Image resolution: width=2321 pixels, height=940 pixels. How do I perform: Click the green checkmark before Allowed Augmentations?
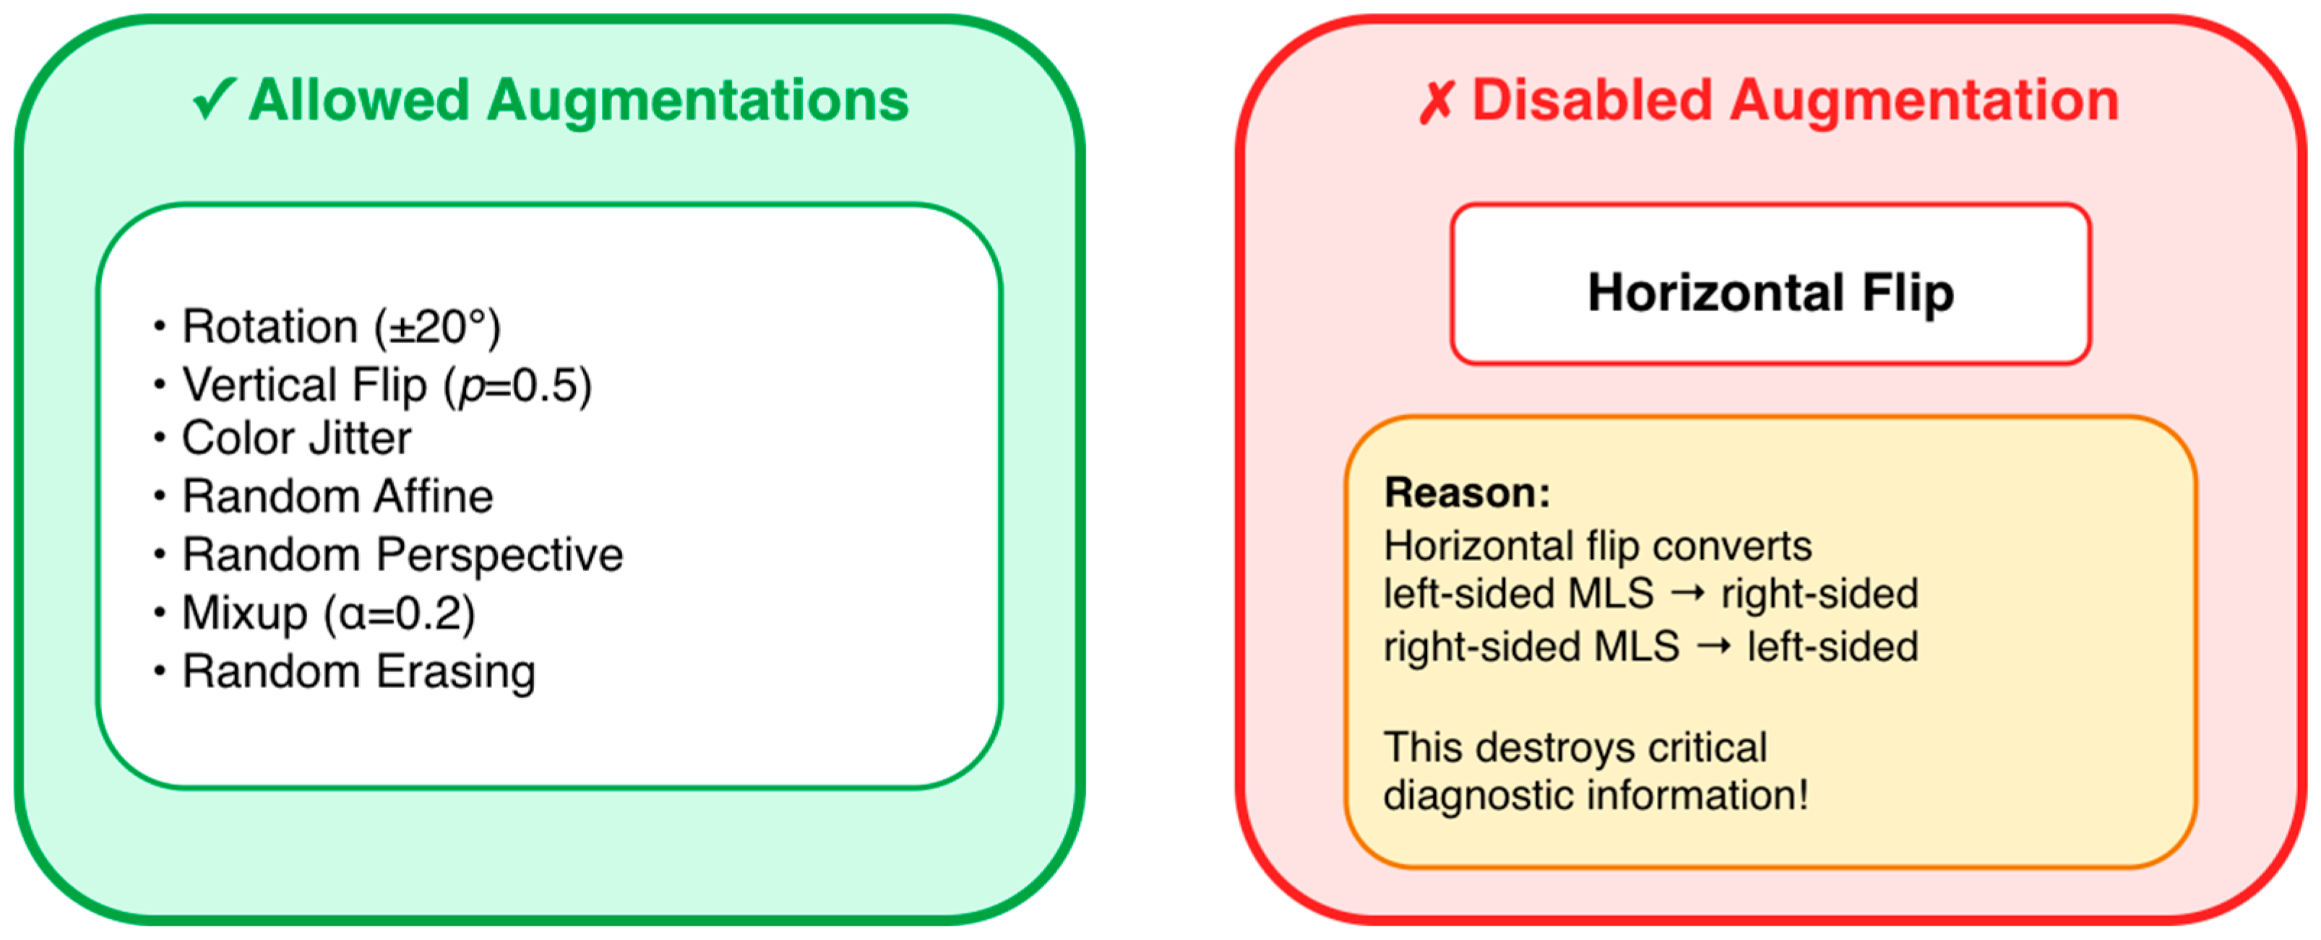pyautogui.click(x=215, y=99)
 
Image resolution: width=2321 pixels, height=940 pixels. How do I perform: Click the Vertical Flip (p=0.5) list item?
pyautogui.click(x=387, y=386)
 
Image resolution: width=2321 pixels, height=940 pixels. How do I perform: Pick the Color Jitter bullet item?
pyautogui.click(x=296, y=438)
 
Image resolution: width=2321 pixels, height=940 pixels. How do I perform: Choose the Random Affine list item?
pyautogui.click(x=337, y=496)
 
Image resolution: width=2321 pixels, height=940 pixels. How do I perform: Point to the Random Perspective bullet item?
pyautogui.click(x=402, y=554)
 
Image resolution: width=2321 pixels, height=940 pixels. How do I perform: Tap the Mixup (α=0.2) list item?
pyautogui.click(x=328, y=613)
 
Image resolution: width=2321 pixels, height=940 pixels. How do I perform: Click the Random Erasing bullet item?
pyautogui.click(x=358, y=671)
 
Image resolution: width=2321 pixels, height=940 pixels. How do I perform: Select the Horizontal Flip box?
pyautogui.click(x=1770, y=284)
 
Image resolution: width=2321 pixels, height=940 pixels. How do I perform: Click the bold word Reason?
pyautogui.click(x=1467, y=493)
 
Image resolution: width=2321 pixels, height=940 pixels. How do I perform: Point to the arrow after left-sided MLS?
pyautogui.click(x=1687, y=594)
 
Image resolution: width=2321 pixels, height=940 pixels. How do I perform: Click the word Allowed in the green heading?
pyautogui.click(x=358, y=99)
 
